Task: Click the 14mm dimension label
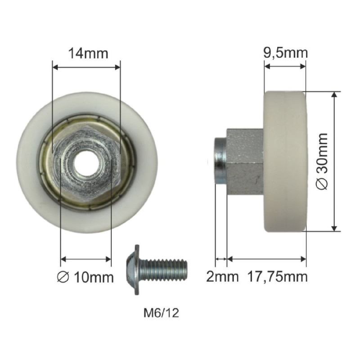pyautogui.click(x=88, y=54)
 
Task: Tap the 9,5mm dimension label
pyautogui.click(x=285, y=53)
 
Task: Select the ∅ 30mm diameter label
pyautogui.click(x=322, y=161)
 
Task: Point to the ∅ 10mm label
pyautogui.click(x=85, y=277)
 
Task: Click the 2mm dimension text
pyautogui.click(x=222, y=277)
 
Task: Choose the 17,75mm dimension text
pyautogui.click(x=277, y=277)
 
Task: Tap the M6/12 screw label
pyautogui.click(x=161, y=313)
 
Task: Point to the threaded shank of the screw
pyautogui.click(x=163, y=269)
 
